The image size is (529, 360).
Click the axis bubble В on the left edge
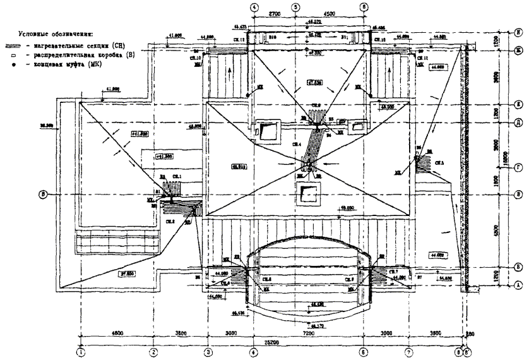(x=44, y=193)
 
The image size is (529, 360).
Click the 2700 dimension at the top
(x=275, y=13)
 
